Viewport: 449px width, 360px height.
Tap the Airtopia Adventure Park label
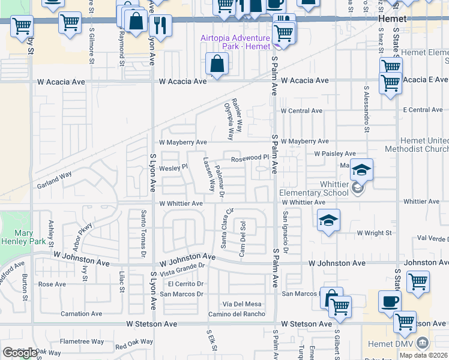pyautogui.click(x=235, y=43)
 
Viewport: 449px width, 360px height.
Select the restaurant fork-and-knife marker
pyautogui.click(x=160, y=25)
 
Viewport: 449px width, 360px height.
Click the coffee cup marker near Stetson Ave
pyautogui.click(x=390, y=301)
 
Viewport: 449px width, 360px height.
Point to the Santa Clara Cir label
pyautogui.click(x=226, y=228)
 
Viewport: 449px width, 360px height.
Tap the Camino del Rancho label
pyautogui.click(x=237, y=314)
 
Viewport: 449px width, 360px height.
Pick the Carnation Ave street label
pyautogui.click(x=82, y=314)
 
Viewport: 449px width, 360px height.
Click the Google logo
pyautogui.click(x=20, y=352)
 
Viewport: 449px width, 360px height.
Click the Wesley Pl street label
pyautogui.click(x=173, y=168)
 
